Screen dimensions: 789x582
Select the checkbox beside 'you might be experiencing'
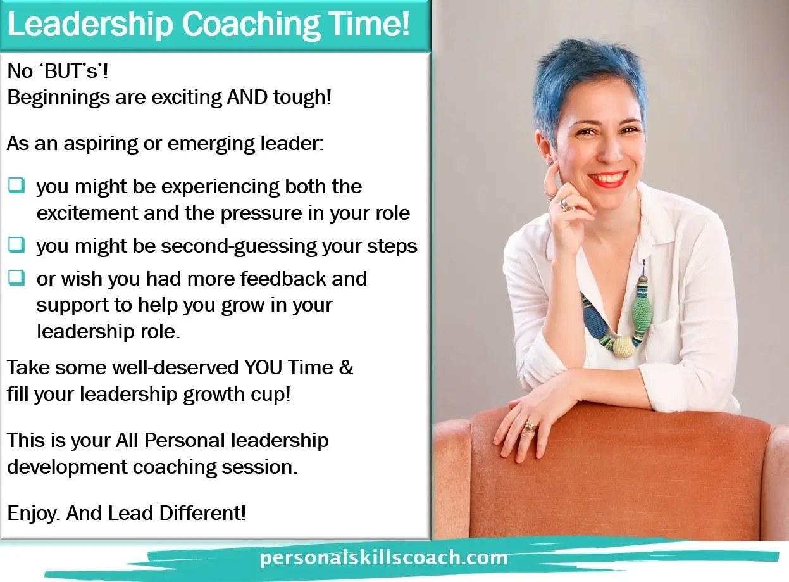point(16,185)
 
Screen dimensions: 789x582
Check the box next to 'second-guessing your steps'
point(16,244)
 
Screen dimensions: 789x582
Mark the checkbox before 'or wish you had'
point(16,277)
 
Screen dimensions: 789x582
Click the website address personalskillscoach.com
point(383,558)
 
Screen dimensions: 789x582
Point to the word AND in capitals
point(247,97)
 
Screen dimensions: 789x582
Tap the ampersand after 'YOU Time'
point(346,367)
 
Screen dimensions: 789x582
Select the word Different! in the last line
point(202,513)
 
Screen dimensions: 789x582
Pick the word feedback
point(283,279)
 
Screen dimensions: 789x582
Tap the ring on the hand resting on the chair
point(530,427)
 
